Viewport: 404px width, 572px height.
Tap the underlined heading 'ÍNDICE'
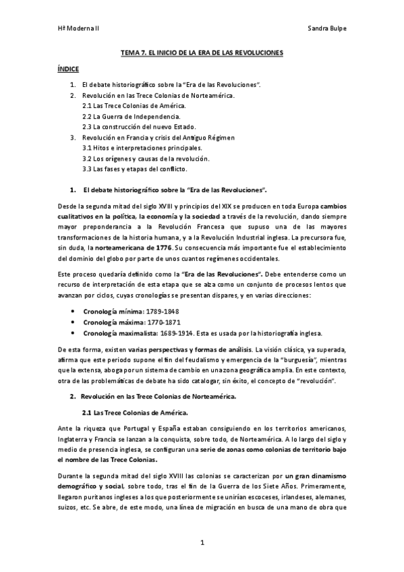[68, 69]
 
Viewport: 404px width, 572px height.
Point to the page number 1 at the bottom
[202, 543]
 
